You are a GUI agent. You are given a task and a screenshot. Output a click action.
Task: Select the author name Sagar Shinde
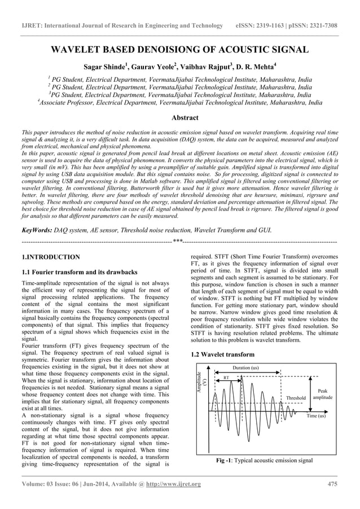click(x=104, y=67)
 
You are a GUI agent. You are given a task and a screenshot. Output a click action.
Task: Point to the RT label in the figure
click(x=226, y=377)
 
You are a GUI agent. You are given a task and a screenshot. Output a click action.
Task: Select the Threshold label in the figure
click(x=296, y=398)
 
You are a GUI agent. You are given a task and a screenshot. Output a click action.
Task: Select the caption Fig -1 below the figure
click(x=264, y=461)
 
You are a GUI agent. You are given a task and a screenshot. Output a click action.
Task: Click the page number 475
click(x=332, y=484)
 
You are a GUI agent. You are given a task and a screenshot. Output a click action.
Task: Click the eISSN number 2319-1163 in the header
click(x=279, y=26)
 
